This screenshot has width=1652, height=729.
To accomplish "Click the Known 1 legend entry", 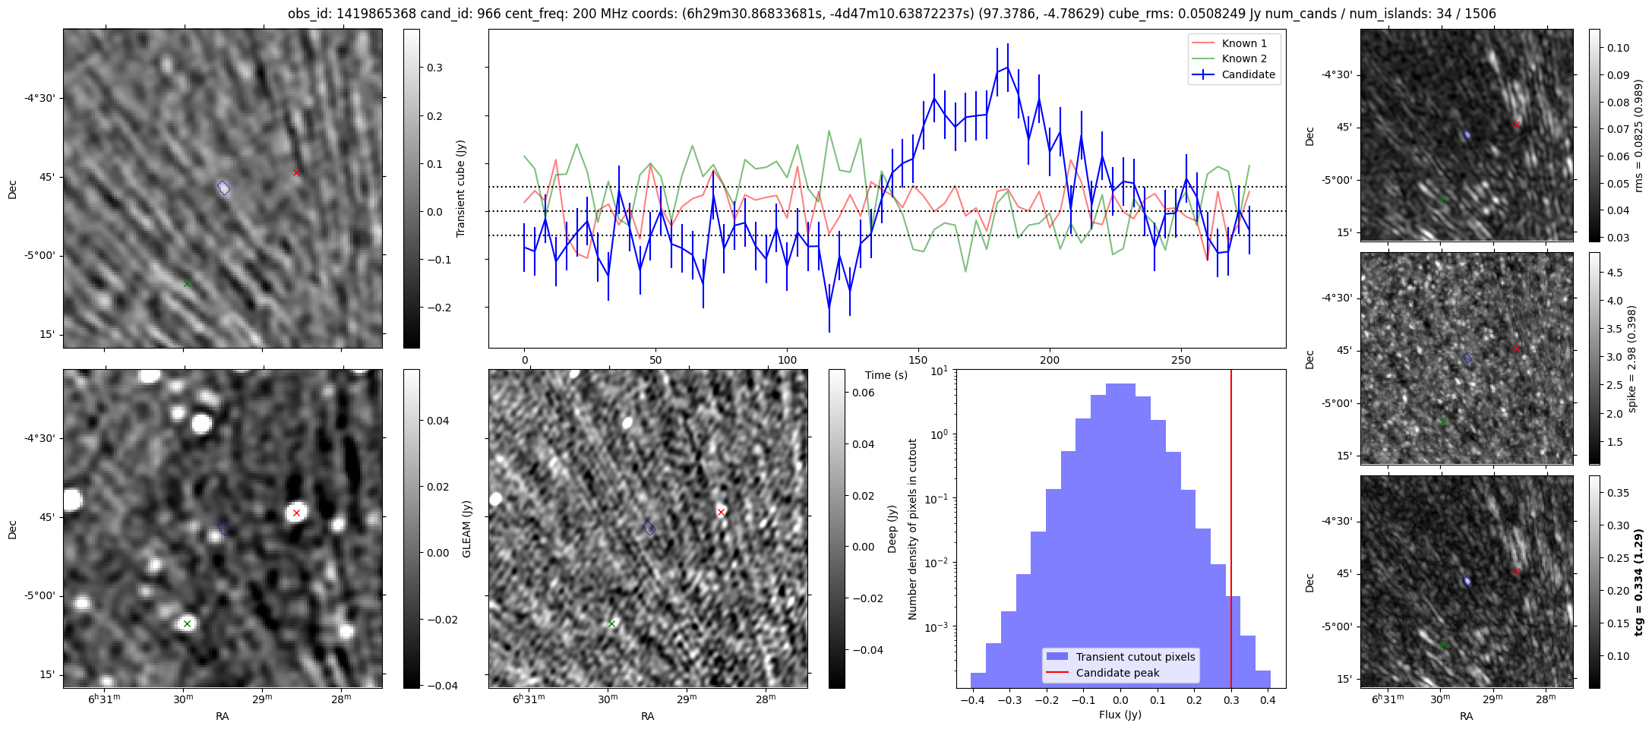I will point(1243,43).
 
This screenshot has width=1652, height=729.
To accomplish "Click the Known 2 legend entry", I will point(1243,58).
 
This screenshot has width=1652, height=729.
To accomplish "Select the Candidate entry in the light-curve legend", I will point(1248,74).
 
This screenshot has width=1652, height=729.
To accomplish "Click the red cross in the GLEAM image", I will point(296,513).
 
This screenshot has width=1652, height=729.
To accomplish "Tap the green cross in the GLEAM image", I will point(187,623).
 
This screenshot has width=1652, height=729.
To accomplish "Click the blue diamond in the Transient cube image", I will point(223,188).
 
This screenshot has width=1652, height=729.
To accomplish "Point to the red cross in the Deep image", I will point(721,512).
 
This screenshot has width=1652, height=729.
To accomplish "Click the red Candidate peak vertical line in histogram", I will point(1230,532).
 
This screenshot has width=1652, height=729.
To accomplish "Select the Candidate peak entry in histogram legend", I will point(1117,673).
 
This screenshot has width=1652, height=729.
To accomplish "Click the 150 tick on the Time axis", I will point(918,360).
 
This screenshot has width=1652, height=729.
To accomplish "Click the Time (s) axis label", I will point(886,375).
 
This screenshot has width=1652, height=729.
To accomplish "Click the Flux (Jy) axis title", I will point(1120,715).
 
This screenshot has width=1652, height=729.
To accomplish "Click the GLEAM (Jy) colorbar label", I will point(466,529).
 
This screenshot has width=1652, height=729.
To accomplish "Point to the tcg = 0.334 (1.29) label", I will point(1638,582).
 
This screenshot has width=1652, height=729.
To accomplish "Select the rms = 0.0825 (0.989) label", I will point(1638,135).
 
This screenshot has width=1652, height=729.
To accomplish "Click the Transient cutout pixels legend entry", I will point(1135,657).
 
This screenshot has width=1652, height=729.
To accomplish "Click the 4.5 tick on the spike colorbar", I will point(1614,273).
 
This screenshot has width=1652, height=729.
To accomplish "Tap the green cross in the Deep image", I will point(611,623).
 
